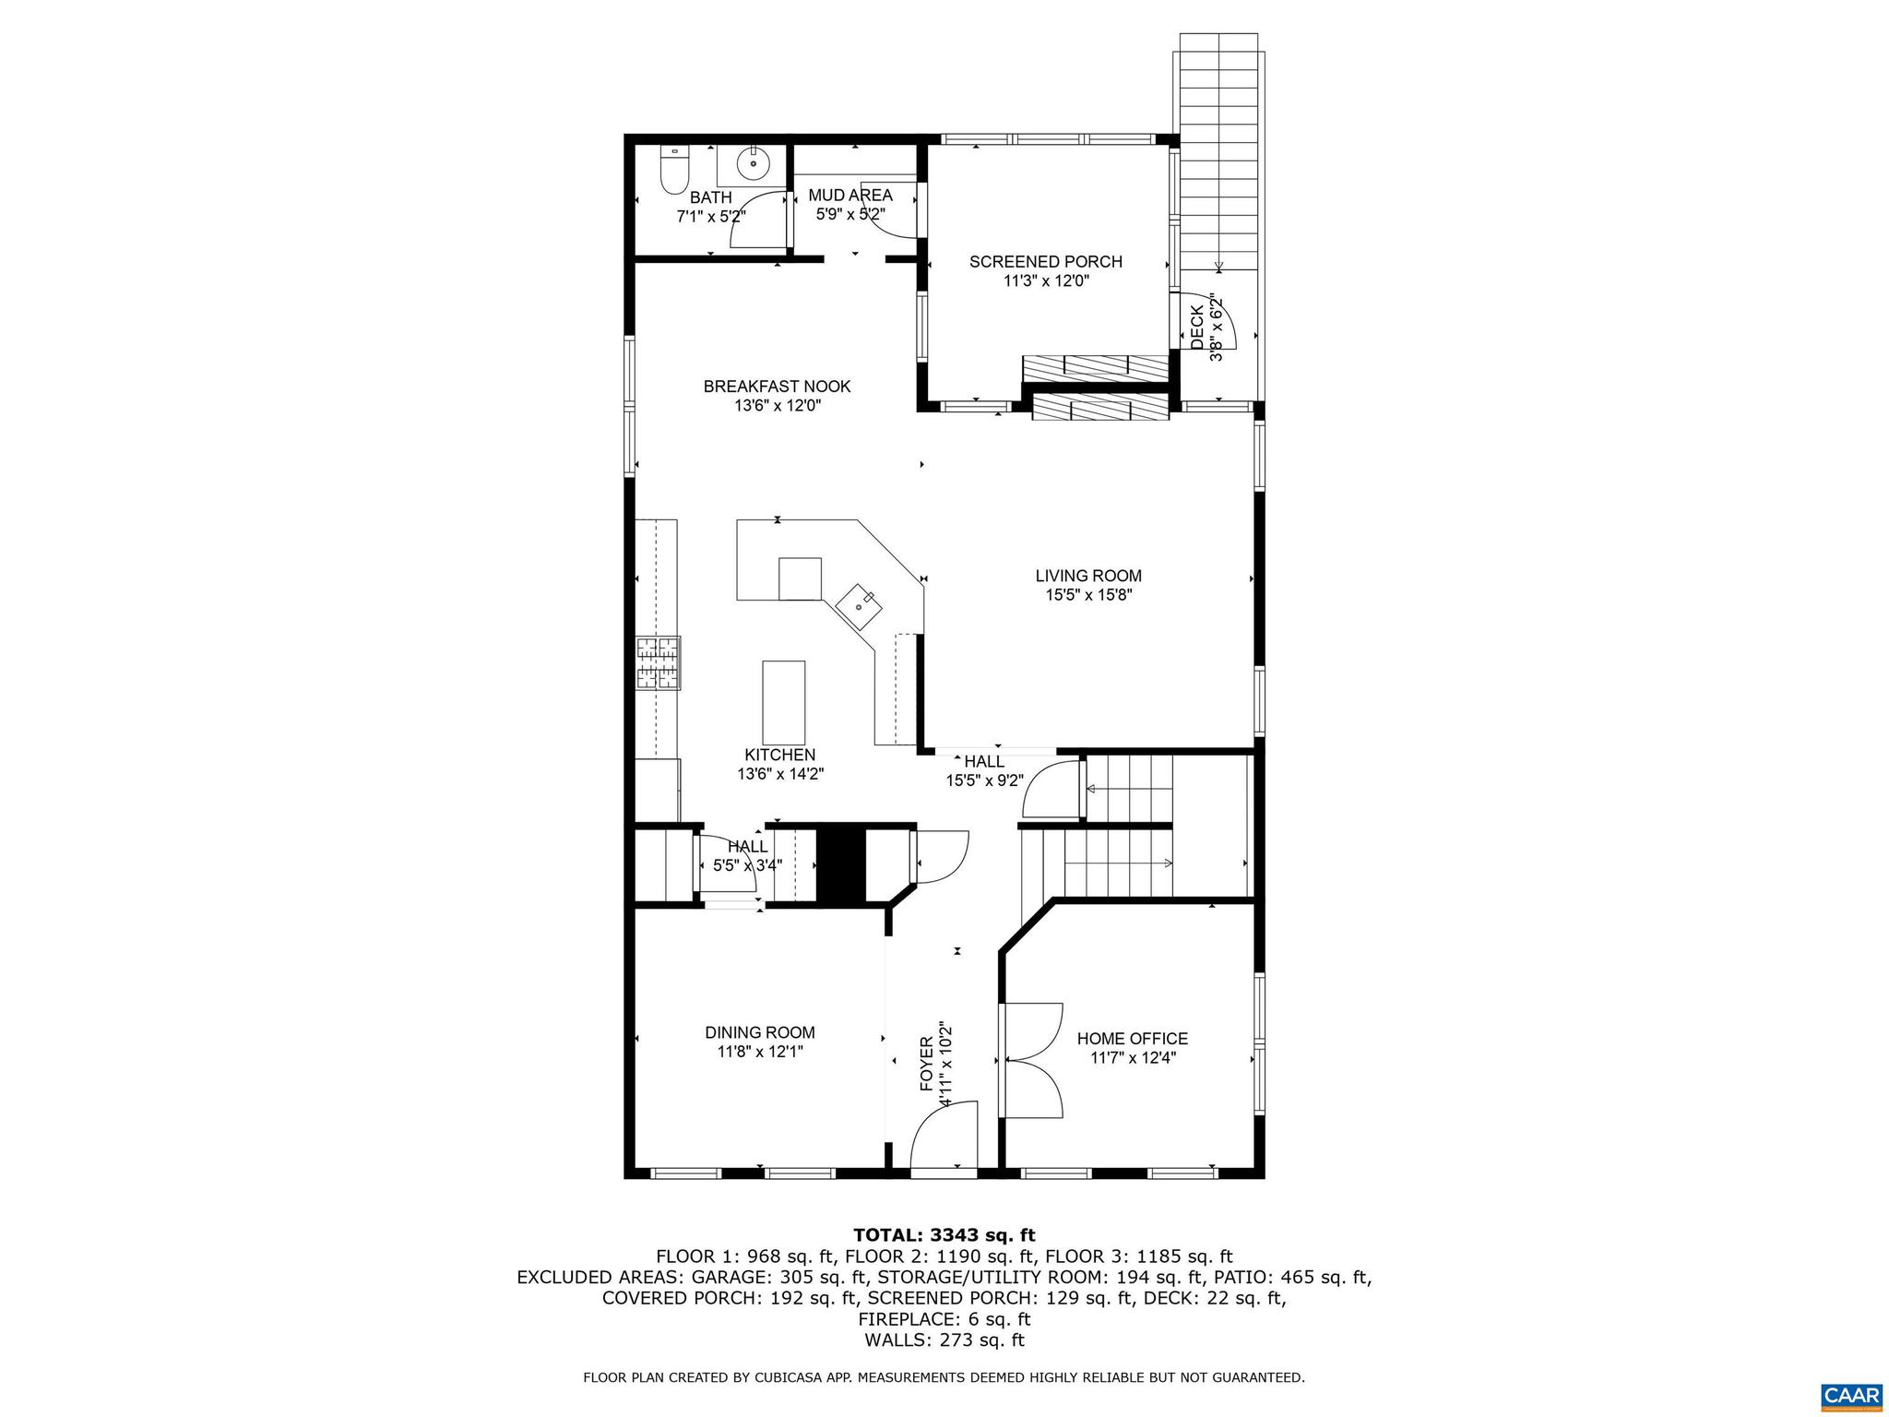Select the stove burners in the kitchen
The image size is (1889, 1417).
(658, 663)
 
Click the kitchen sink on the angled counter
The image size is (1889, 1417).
(860, 605)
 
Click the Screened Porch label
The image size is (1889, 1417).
(1045, 262)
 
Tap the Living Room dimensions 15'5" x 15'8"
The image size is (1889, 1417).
(1087, 596)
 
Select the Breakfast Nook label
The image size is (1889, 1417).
(777, 387)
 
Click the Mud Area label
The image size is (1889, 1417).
(849, 196)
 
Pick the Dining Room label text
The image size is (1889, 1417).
(759, 1032)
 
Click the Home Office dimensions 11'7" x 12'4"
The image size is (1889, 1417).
(1132, 1059)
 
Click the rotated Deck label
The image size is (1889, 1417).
(1197, 327)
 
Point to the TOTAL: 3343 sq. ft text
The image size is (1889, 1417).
(944, 1235)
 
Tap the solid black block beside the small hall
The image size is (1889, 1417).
(839, 865)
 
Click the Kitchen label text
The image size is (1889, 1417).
(779, 756)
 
